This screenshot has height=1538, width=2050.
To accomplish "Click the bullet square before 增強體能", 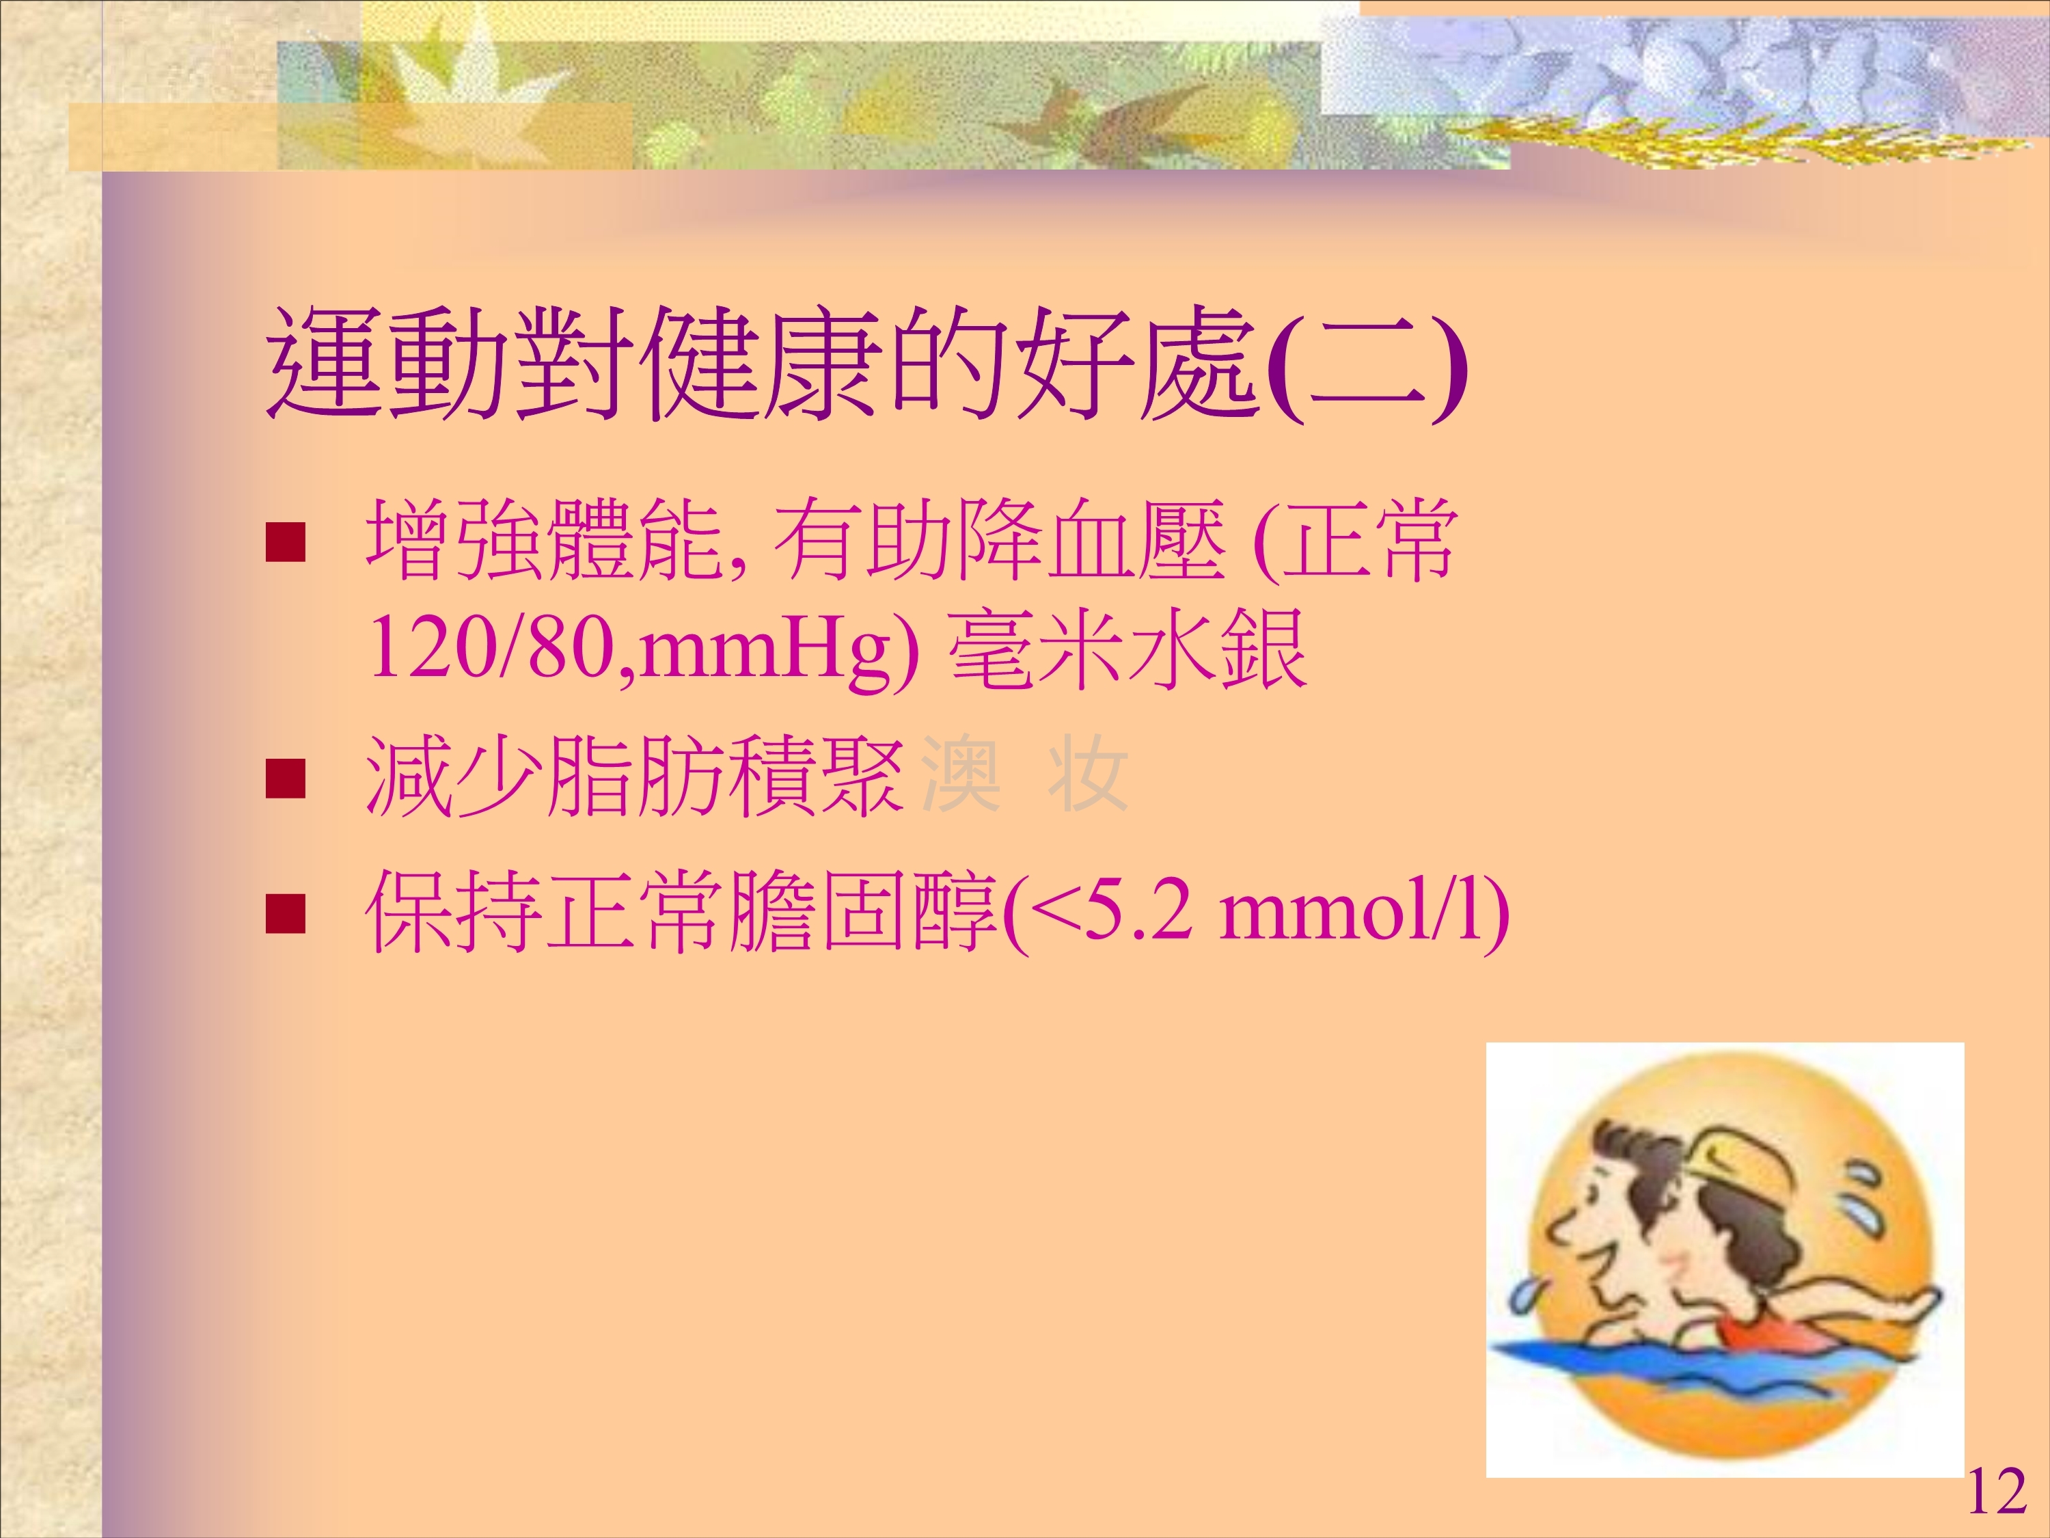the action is click(286, 542).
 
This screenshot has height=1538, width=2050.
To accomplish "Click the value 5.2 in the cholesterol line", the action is click(1134, 913).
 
